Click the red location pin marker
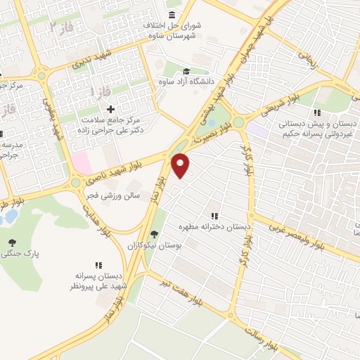(x=181, y=165)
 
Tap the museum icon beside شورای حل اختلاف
(x=172, y=15)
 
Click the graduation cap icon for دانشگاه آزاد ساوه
(x=186, y=71)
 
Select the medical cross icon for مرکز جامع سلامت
(x=110, y=109)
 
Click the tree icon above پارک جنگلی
(x=12, y=243)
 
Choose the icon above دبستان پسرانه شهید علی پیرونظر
(x=98, y=265)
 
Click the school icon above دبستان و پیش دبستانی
(x=317, y=112)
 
